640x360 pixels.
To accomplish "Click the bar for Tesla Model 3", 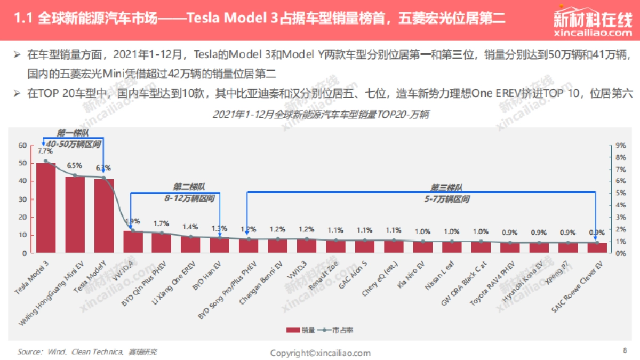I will [46, 208].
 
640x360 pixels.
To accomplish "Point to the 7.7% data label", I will [45, 151].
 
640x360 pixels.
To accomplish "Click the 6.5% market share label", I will [74, 165].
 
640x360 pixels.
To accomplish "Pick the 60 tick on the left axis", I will [23, 145].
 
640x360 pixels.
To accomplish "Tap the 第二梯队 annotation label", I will [189, 187].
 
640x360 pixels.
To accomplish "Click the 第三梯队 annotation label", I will [447, 188].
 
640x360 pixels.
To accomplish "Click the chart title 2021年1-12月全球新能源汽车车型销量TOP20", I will [321, 114].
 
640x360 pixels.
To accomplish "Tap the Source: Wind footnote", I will [87, 352].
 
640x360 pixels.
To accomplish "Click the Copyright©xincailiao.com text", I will [320, 353].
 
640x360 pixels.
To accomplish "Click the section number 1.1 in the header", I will [22, 20].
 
